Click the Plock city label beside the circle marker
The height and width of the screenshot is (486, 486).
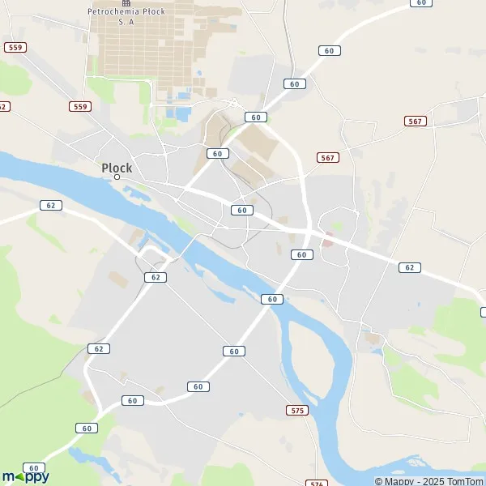click(117, 168)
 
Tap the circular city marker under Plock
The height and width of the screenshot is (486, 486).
click(117, 177)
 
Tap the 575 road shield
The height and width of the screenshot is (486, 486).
click(297, 411)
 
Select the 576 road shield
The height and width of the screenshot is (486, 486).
click(316, 483)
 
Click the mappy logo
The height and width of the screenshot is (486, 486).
click(25, 476)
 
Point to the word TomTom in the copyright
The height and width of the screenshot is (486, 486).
click(464, 481)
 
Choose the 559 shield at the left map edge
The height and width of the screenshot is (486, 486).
click(15, 48)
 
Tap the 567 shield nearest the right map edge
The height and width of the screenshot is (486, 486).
click(415, 121)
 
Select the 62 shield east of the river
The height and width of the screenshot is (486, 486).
click(410, 267)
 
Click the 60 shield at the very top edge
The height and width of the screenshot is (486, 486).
click(420, 2)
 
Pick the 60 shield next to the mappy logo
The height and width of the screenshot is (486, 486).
click(34, 467)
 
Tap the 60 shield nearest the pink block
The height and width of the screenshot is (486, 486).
click(301, 254)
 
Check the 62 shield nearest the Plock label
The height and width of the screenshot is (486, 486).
click(51, 205)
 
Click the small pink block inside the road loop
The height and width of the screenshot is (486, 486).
click(328, 240)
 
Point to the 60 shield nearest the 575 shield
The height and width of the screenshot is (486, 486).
click(234, 351)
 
